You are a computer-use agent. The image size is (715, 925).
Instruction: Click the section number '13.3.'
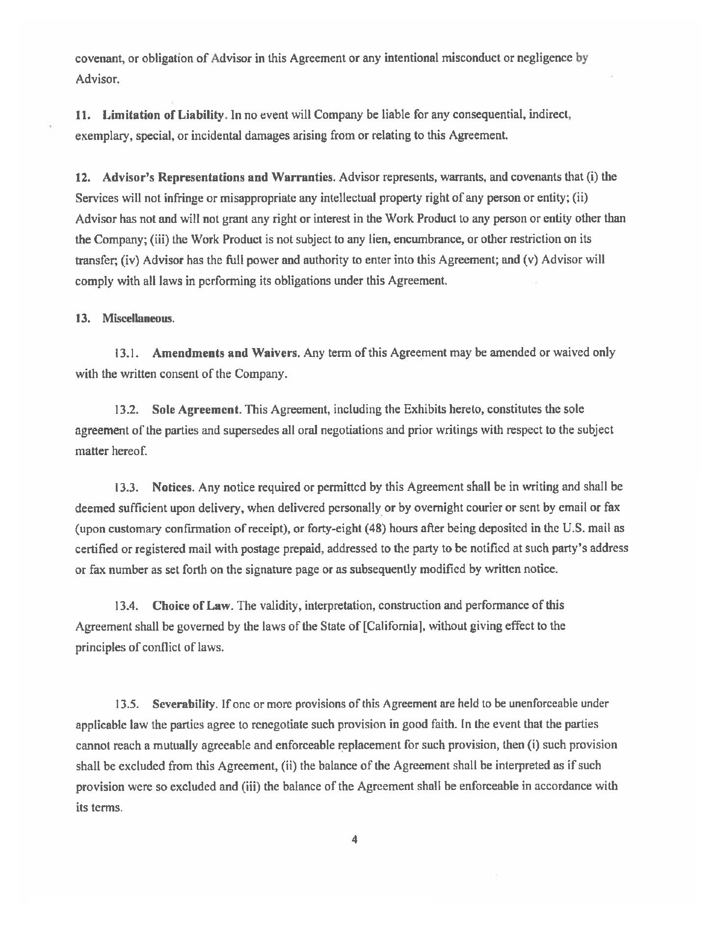coord(126,488)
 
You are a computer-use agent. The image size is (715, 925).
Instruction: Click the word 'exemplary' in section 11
coord(95,136)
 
